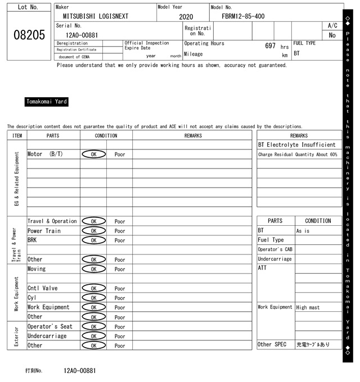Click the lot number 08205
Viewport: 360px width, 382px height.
(29, 35)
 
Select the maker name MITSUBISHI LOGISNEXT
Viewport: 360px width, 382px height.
(96, 16)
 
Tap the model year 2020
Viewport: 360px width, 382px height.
(186, 17)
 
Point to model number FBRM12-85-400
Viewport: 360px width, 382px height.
(243, 16)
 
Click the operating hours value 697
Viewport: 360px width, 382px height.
(270, 46)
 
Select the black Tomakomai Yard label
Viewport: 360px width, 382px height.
(47, 102)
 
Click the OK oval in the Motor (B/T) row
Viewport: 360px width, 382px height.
(93, 154)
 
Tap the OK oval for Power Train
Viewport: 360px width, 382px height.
(93, 231)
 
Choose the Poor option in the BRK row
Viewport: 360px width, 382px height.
(120, 240)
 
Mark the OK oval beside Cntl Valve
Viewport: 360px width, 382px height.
(93, 288)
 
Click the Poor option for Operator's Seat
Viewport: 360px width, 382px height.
(120, 326)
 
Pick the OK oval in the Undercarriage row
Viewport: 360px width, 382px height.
(93, 336)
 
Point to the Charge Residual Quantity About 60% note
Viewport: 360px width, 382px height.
(298, 154)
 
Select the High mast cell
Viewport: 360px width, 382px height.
(309, 307)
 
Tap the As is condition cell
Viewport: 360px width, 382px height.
(303, 231)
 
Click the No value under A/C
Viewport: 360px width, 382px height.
(332, 35)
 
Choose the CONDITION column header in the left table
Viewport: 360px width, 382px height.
(106, 135)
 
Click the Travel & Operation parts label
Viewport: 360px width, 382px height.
(52, 221)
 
